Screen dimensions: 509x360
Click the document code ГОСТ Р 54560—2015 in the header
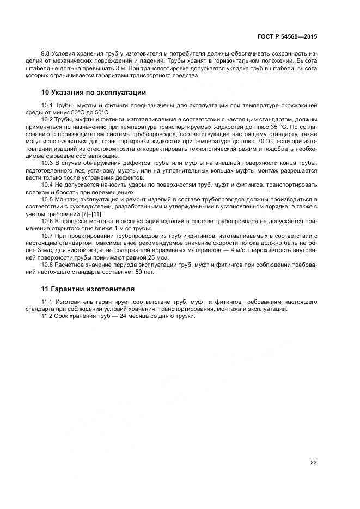click(x=287, y=38)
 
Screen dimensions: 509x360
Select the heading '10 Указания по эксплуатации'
click(x=94, y=92)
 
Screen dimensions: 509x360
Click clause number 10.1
click(x=48, y=104)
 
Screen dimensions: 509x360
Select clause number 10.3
click(x=48, y=163)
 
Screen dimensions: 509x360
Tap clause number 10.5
click(x=48, y=199)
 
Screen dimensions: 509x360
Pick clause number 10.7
click(x=48, y=236)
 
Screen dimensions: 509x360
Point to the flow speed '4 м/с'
click(x=238, y=250)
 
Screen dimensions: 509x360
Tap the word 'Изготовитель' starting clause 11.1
click(x=72, y=302)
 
